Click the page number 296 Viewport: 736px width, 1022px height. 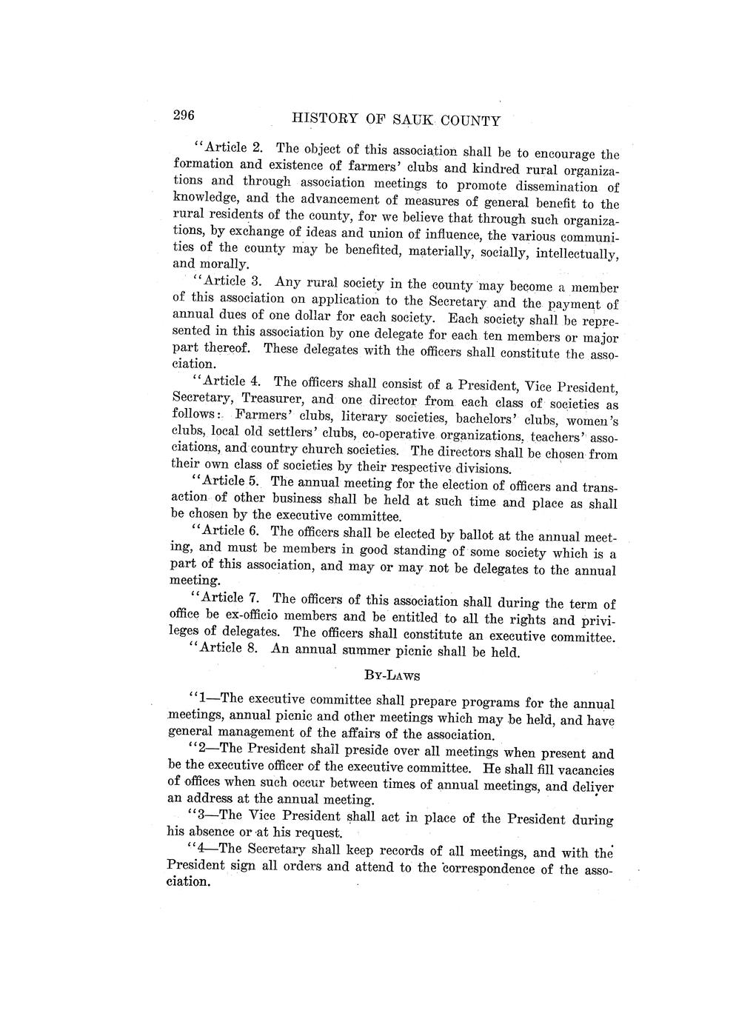click(183, 116)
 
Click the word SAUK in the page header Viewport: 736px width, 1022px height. click(418, 120)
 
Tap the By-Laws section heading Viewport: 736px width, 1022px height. click(392, 675)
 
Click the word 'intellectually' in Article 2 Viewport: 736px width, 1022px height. click(572, 254)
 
